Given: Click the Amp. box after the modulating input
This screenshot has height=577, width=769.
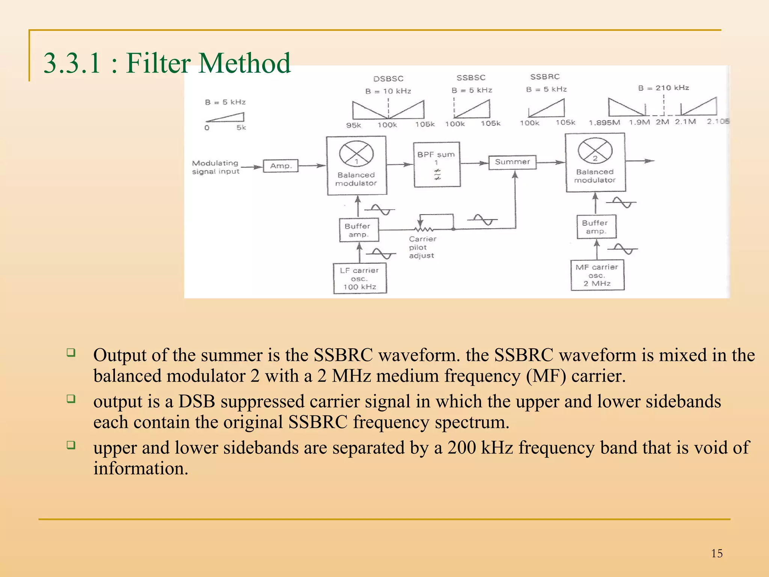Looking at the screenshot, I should tap(280, 166).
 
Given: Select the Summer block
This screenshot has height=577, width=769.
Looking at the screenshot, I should tap(512, 162).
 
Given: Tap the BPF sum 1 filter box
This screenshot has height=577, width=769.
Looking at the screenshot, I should tap(437, 165).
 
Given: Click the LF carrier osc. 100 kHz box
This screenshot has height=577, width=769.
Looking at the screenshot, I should tap(360, 278).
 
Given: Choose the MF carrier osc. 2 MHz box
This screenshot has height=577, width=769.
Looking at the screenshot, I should tap(597, 275).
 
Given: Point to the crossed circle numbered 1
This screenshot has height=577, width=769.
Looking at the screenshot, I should tap(356, 154).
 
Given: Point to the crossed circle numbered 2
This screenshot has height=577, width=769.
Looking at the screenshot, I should tap(595, 150).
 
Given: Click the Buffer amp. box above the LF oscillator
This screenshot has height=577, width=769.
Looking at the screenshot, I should tap(359, 230).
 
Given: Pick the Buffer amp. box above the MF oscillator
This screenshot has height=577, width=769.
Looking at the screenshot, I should tap(596, 227).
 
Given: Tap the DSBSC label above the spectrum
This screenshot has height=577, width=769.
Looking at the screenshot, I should tap(388, 79).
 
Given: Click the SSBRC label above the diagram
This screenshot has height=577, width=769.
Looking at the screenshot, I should tap(545, 77).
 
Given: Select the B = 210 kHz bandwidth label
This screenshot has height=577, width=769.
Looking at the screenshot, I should tap(663, 88).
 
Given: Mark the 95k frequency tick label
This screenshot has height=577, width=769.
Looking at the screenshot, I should tap(353, 125).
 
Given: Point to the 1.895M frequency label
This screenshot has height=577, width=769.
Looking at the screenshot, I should tap(604, 122).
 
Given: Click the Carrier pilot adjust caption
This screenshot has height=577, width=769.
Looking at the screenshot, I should tap(422, 247).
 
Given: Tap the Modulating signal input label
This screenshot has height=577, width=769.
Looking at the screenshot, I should tap(216, 167).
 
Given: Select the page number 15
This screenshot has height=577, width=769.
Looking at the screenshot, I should tap(716, 553).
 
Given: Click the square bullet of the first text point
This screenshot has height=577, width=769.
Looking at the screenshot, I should tap(71, 352).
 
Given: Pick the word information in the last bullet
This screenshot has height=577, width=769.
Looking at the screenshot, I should tap(140, 468).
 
